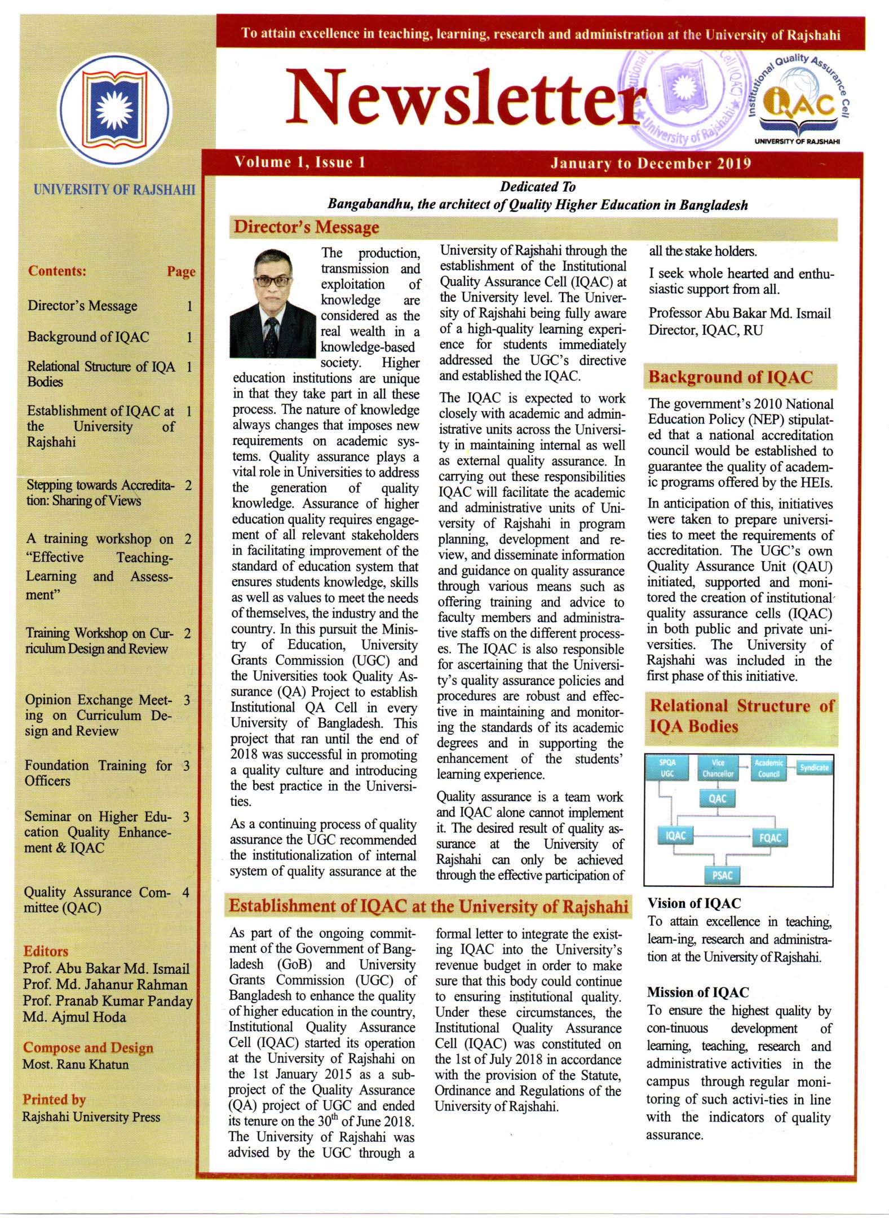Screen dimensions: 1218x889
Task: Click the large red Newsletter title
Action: point(462,97)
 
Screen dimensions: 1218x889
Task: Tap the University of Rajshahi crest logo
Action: point(114,109)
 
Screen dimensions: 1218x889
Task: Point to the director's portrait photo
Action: point(272,303)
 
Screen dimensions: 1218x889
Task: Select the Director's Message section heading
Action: point(306,227)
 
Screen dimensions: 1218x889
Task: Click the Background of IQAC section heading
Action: point(730,377)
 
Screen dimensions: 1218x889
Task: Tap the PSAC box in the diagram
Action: point(722,875)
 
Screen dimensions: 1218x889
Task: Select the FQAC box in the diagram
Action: point(770,837)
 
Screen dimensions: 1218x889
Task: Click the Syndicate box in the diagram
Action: point(814,767)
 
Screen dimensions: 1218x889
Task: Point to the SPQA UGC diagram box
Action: point(667,768)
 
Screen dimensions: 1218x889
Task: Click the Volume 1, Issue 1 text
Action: point(300,163)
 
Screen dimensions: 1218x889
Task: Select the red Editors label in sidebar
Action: point(46,951)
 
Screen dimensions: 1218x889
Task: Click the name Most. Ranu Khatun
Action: point(76,1065)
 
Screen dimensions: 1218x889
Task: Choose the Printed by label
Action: point(54,1100)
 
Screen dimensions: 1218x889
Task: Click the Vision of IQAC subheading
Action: point(694,903)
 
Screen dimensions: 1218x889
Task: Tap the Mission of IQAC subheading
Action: point(698,992)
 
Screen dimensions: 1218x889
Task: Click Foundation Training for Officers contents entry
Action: point(98,773)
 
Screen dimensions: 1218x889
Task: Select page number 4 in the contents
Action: point(185,893)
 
